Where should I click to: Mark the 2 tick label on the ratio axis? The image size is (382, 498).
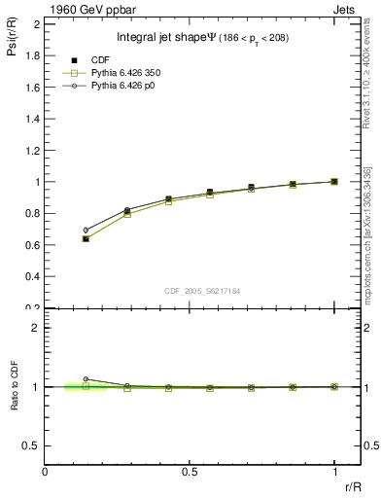tap(34, 328)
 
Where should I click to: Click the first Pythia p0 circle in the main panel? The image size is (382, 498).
tap(86, 231)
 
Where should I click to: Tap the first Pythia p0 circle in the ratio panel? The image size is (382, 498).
tap(86, 379)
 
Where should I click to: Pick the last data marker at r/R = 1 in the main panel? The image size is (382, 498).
tap(334, 182)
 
